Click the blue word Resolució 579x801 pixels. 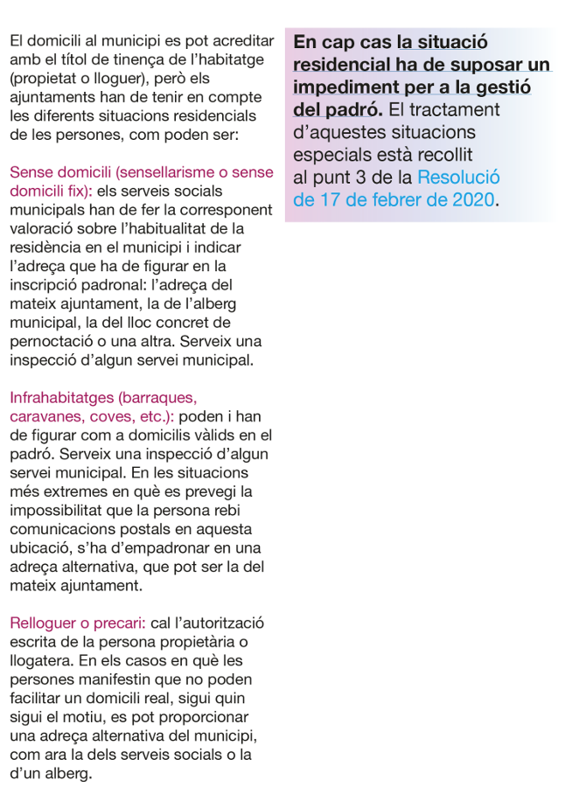[x=460, y=178]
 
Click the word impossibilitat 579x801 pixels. [x=60, y=511]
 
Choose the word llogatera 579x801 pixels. [x=38, y=661]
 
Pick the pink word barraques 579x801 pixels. [x=152, y=398]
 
